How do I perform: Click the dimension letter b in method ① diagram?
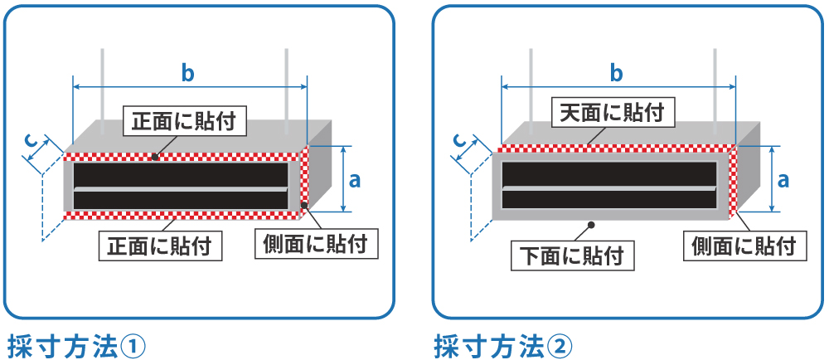(x=188, y=73)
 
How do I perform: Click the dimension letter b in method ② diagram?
(x=616, y=73)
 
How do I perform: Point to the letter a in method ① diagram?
(x=355, y=178)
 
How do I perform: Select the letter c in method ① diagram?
(x=32, y=143)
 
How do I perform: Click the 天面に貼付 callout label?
(x=612, y=112)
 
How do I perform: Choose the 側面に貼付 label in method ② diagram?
(x=744, y=245)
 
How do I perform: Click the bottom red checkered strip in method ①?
(x=182, y=216)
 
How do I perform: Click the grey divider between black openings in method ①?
(x=181, y=189)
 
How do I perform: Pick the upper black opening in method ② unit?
(x=609, y=173)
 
